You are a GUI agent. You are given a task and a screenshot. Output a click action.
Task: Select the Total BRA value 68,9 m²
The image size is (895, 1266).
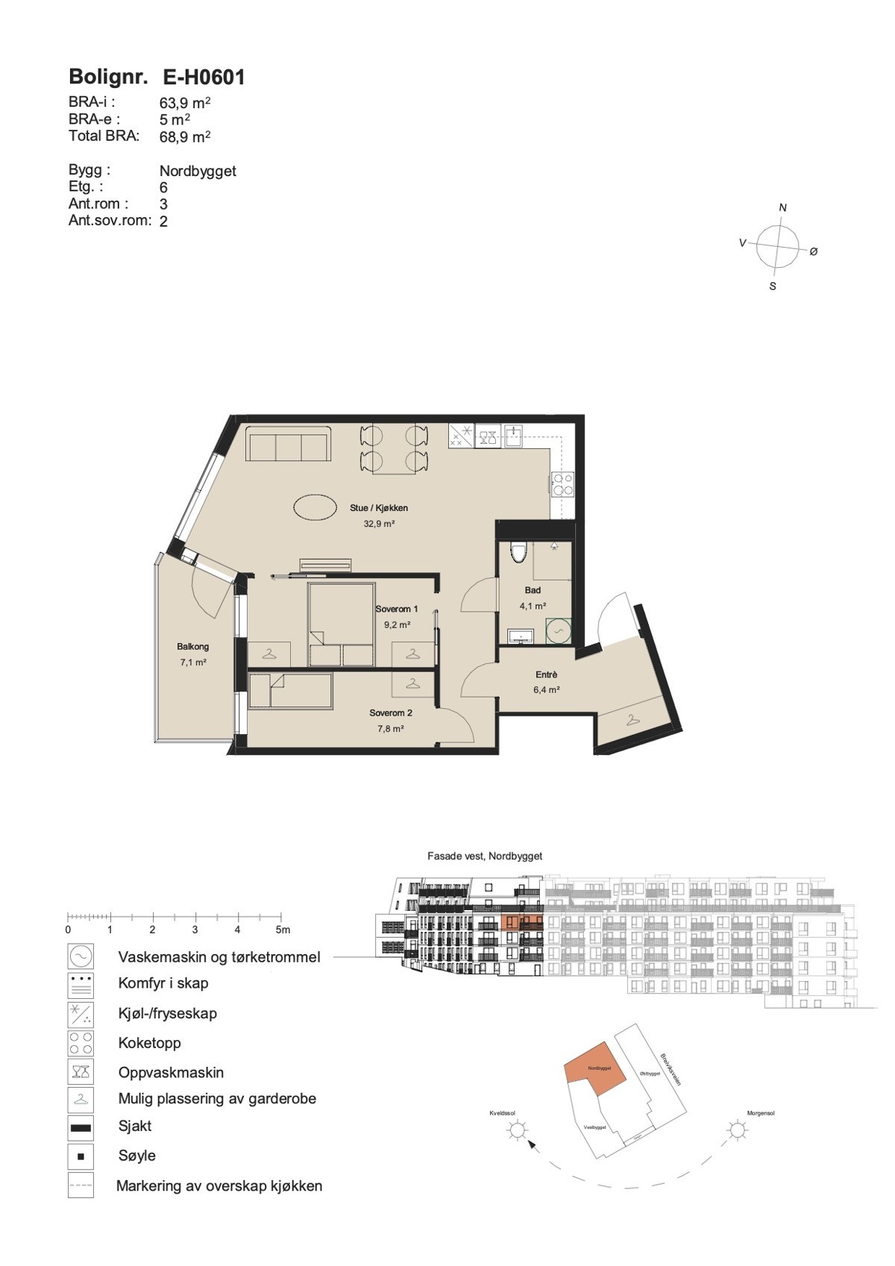point(184,137)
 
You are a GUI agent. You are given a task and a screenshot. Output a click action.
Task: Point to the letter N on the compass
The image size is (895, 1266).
point(782,207)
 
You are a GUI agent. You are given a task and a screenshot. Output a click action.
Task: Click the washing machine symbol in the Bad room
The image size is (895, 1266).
point(558,631)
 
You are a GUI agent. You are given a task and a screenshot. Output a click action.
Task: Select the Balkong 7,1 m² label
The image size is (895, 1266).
point(192,654)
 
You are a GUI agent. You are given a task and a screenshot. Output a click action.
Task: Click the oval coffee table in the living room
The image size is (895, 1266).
point(314,508)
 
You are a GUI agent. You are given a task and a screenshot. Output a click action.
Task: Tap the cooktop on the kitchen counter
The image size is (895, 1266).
point(562,484)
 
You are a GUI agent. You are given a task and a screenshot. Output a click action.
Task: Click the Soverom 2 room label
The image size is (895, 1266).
point(391,713)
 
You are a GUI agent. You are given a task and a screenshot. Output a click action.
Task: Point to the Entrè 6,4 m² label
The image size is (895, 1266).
point(546,682)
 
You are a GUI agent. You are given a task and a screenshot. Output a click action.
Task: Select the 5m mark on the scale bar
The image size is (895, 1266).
point(282,930)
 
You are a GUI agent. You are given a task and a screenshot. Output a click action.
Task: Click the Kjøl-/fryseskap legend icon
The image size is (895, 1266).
point(81,1014)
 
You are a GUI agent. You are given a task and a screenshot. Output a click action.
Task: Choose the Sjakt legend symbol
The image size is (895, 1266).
point(81,1127)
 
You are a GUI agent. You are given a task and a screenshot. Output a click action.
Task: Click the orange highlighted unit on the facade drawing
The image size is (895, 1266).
point(512,923)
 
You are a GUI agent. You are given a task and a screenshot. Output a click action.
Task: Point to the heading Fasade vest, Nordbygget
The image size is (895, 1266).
point(485,856)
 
